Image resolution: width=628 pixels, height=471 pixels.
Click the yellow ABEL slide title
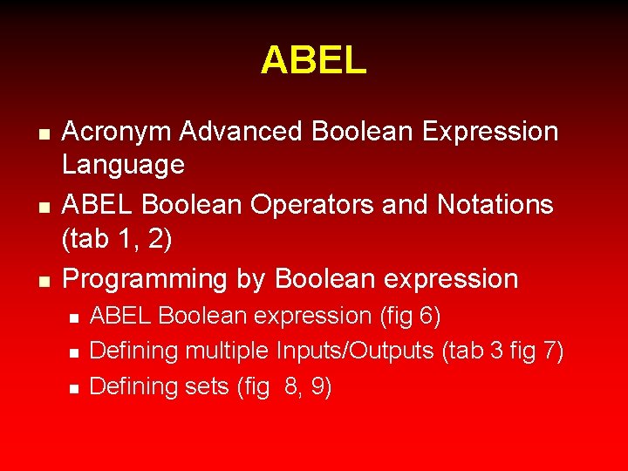point(313,60)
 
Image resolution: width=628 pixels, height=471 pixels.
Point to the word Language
point(123,165)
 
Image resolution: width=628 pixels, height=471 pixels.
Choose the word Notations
point(495,205)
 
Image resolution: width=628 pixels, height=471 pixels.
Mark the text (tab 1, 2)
point(117,239)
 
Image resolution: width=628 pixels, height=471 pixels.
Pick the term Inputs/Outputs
point(355,352)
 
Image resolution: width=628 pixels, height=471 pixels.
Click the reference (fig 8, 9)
point(284,387)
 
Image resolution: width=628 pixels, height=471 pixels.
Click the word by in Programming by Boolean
point(249,280)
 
